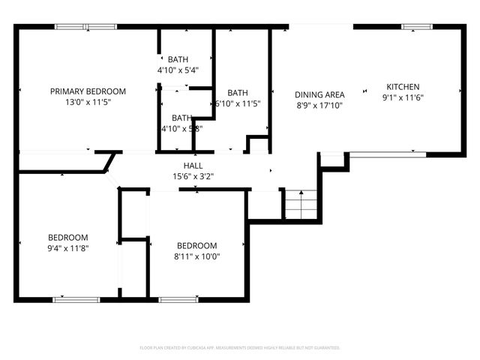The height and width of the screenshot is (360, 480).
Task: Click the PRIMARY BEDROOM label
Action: pyautogui.click(x=88, y=91)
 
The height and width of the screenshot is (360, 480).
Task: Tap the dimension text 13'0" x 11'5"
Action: pyautogui.click(x=88, y=103)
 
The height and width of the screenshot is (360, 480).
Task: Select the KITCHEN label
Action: pyautogui.click(x=403, y=87)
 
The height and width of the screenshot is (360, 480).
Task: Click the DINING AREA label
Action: pyautogui.click(x=319, y=95)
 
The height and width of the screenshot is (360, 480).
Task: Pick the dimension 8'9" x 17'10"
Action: pyautogui.click(x=319, y=106)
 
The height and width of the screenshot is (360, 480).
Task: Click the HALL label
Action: pyautogui.click(x=193, y=166)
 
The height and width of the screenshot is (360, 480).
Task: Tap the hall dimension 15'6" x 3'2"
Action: pyautogui.click(x=193, y=177)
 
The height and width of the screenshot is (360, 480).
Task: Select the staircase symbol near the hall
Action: pyautogui.click(x=301, y=202)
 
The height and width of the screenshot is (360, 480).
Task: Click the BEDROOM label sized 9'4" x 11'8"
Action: pyautogui.click(x=68, y=237)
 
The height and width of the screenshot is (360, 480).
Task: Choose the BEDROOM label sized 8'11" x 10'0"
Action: pyautogui.click(x=196, y=246)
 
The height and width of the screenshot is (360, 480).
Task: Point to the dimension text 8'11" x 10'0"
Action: pyautogui.click(x=196, y=257)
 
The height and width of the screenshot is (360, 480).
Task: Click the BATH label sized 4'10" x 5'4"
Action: pyautogui.click(x=178, y=59)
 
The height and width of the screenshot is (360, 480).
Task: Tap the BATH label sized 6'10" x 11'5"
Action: pyautogui.click(x=238, y=93)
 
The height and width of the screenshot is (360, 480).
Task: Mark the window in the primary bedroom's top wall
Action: pyautogui.click(x=85, y=27)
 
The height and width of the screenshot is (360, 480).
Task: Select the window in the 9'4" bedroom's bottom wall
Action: pyautogui.click(x=76, y=300)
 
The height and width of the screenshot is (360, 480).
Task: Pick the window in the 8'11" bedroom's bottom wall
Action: pyautogui.click(x=178, y=300)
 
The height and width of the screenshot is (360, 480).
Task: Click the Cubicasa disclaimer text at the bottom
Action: pyautogui.click(x=240, y=348)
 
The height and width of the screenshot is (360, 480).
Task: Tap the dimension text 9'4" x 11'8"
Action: pyautogui.click(x=68, y=248)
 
